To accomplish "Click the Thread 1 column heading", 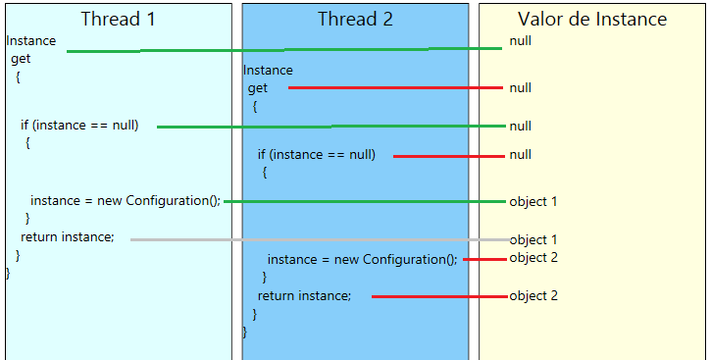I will pos(118,20).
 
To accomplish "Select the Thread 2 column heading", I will pos(355,20).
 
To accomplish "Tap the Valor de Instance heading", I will pos(592,20).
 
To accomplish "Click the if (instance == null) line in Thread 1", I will pos(79,125).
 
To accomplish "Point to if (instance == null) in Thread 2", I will pos(316,154).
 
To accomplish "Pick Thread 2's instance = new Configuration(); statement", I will pos(362,259).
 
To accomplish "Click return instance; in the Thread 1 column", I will pos(68,237).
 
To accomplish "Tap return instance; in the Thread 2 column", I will pos(304,295).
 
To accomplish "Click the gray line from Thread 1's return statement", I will pos(319,239).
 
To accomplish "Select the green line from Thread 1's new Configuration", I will pos(365,201).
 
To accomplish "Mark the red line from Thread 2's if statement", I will pos(448,155).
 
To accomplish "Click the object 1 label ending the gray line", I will pos(533,239).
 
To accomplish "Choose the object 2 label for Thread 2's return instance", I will pos(533,295).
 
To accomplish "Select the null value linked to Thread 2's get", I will pos(520,87).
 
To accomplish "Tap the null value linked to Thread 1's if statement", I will pos(520,126).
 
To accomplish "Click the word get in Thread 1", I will pos(21,59).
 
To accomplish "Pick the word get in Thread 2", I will pos(258,88).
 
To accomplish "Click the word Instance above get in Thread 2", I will pos(268,70).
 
